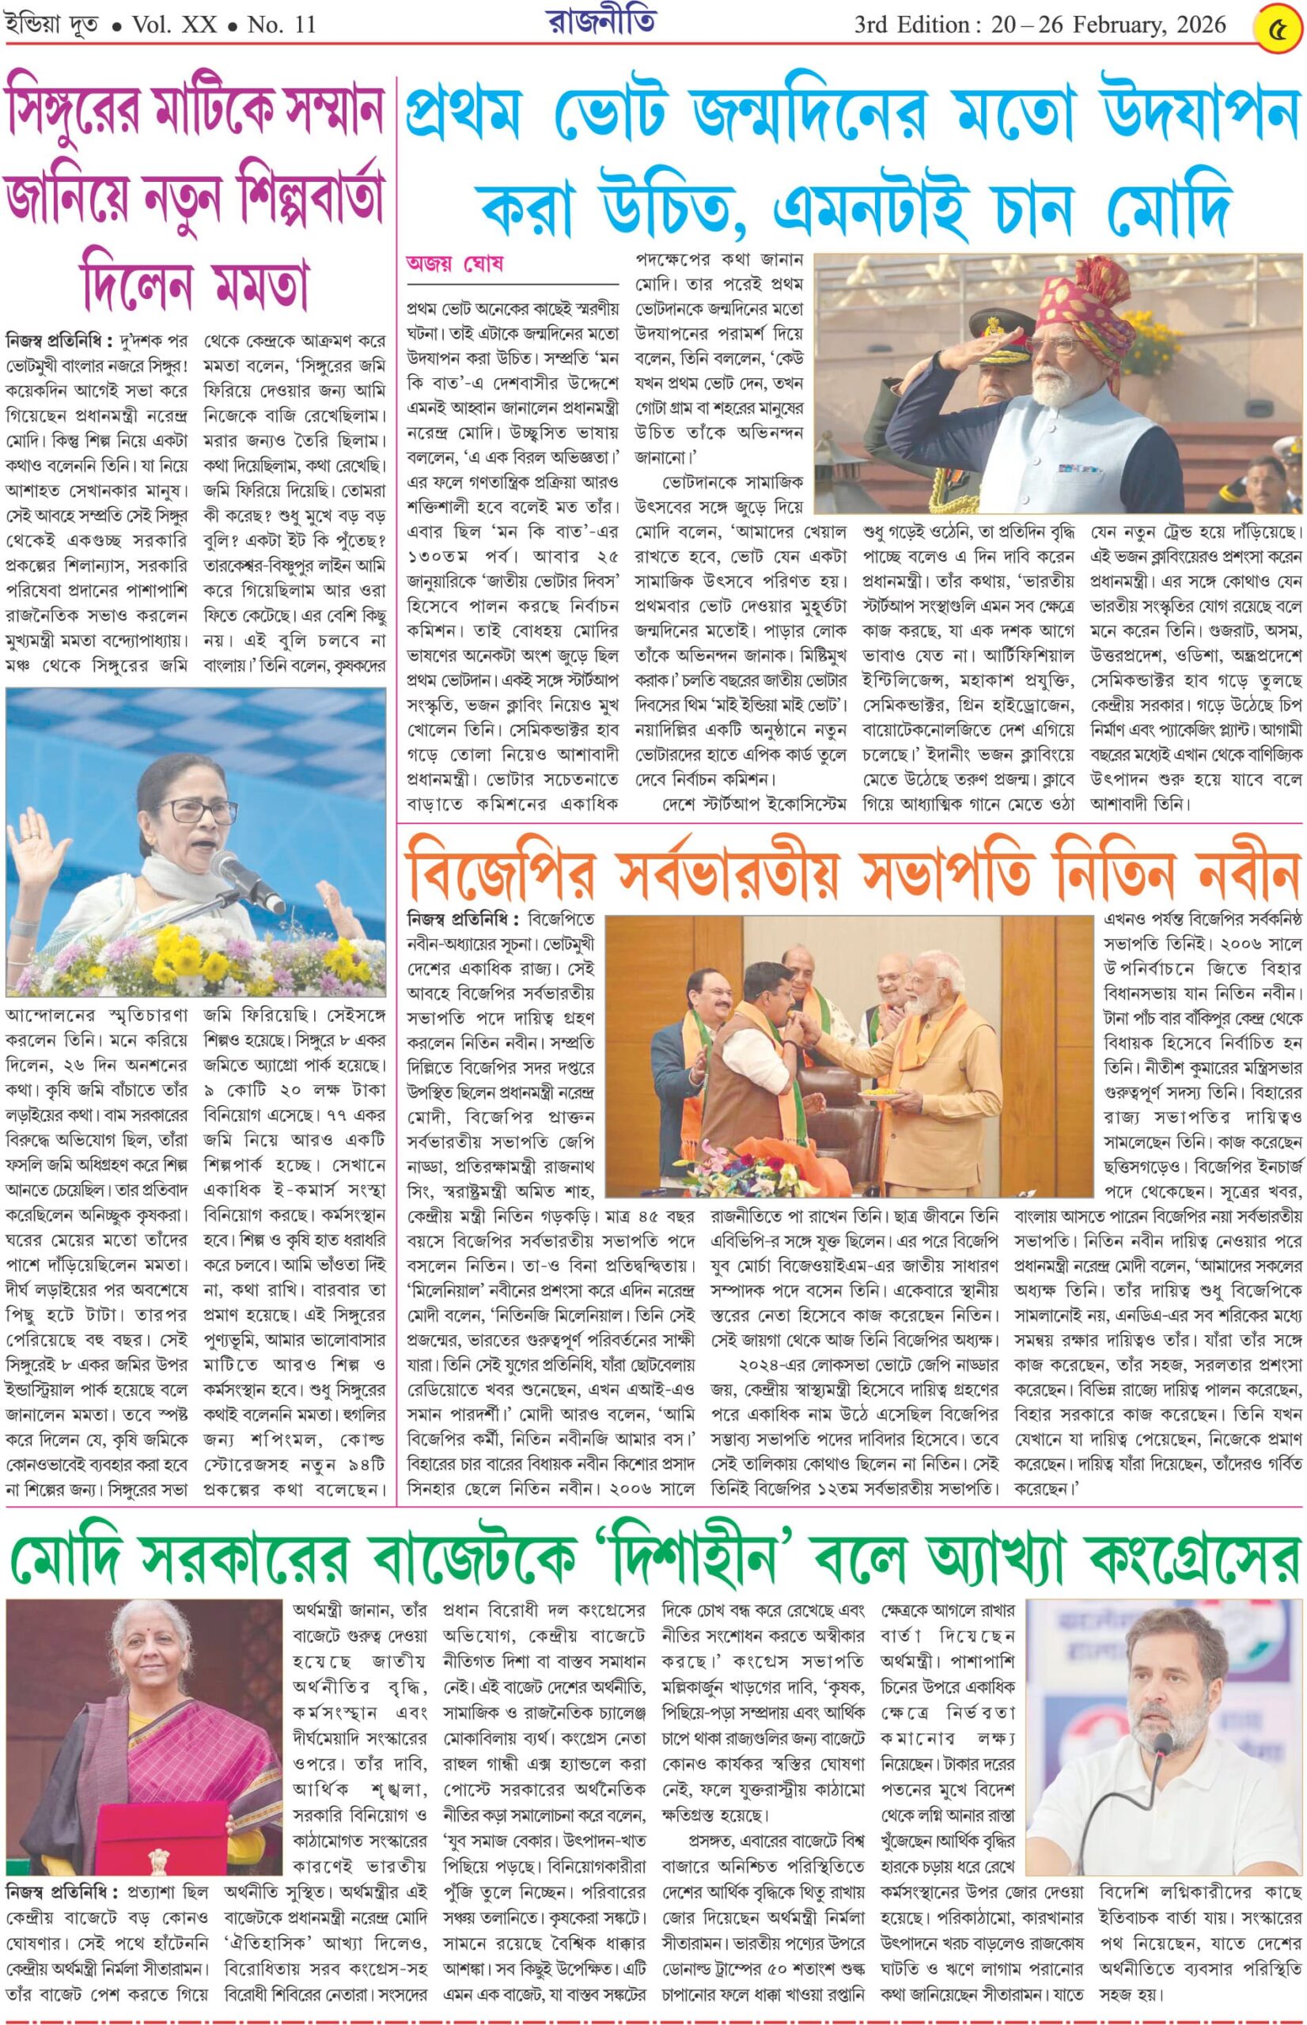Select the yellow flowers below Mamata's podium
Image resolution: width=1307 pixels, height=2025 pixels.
tap(195, 961)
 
